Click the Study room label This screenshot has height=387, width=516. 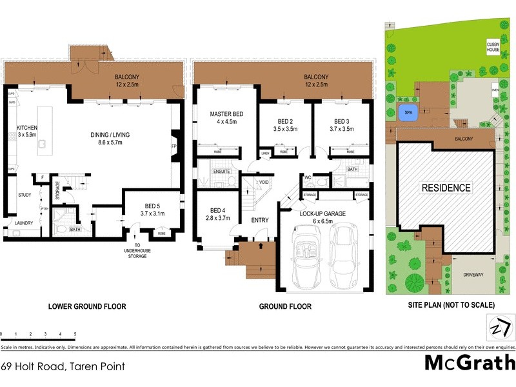(25, 194)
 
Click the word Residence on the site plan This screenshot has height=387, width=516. (446, 188)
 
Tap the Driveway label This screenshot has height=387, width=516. (472, 275)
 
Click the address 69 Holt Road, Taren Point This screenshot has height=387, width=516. (63, 366)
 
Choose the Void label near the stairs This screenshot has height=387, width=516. (263, 183)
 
